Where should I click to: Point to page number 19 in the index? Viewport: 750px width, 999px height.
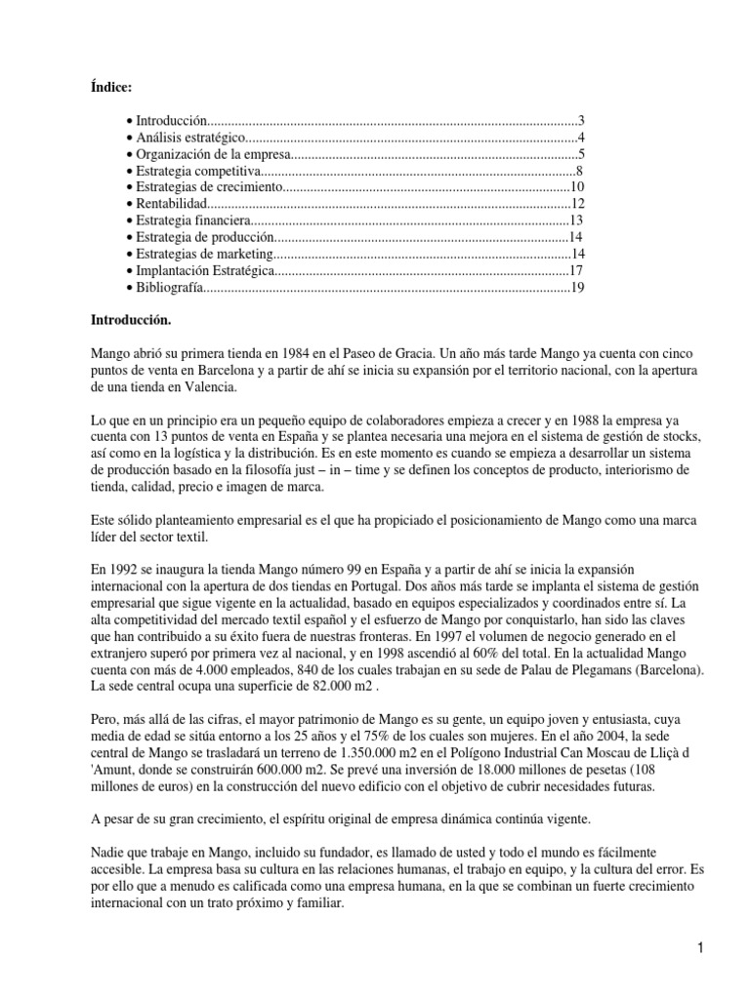pyautogui.click(x=577, y=290)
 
